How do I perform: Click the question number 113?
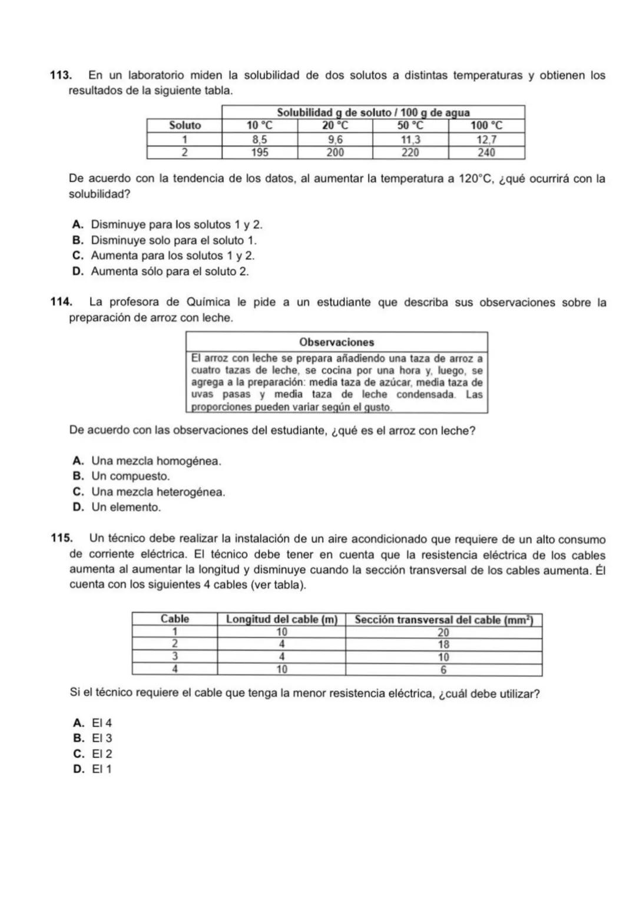point(59,75)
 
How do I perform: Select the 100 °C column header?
point(486,125)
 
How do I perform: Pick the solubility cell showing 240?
point(486,152)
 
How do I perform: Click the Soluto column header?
point(184,125)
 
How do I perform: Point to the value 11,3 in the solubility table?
point(410,139)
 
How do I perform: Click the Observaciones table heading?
point(336,342)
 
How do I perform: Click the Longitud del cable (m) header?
point(281,619)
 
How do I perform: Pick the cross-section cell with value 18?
point(443,644)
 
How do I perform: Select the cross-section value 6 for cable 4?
point(443,670)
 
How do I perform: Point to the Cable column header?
point(175,619)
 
